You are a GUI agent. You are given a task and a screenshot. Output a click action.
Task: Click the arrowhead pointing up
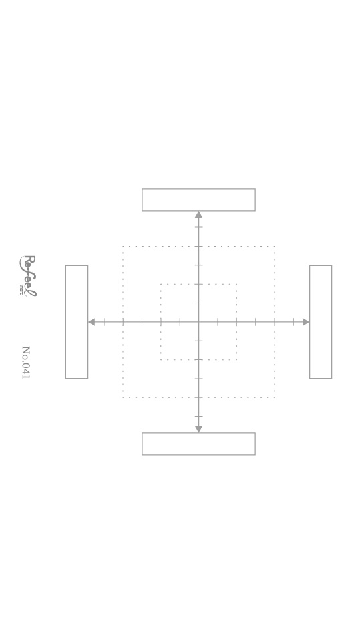(198, 214)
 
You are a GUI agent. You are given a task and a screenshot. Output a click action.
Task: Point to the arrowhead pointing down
(198, 429)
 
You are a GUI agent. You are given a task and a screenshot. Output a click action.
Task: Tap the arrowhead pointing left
(92, 322)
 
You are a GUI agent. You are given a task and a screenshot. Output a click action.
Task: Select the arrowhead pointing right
(306, 322)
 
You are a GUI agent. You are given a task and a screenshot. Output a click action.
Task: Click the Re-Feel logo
(28, 276)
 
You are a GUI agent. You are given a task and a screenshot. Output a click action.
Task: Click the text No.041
(26, 363)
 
